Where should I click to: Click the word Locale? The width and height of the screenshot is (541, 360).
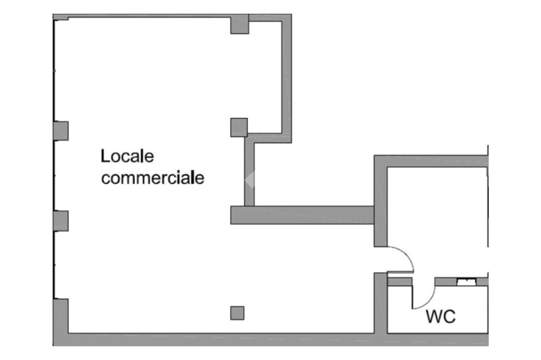coord(127,156)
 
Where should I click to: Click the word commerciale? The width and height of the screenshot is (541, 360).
coord(153,178)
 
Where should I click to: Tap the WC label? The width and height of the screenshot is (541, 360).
coord(441,317)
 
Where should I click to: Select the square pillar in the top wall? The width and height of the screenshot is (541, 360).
coord(239,24)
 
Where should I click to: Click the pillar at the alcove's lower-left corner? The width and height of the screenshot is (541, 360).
coord(239,127)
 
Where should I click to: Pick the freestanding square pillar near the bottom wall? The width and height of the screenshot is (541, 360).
coord(237,313)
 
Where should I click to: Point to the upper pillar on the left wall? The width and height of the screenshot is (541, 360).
coord(61,130)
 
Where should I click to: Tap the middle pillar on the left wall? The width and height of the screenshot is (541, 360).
coord(61,221)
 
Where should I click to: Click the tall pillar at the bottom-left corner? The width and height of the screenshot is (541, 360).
coord(61,317)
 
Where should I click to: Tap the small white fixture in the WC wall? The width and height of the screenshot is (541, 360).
coord(465,282)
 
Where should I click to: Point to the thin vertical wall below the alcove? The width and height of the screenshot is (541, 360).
coord(249,172)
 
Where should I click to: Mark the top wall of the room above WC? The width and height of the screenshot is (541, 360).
coord(431,161)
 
